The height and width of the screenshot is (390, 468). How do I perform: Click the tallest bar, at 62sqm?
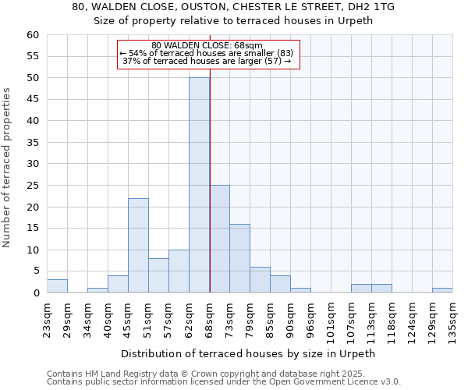tap(199, 185)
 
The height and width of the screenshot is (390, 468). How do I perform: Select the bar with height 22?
tap(138, 246)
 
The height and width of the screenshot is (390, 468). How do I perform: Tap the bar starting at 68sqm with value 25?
tap(219, 239)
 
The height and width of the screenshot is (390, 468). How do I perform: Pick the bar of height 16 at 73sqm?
tap(239, 258)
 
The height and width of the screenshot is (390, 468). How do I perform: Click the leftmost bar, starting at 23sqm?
tap(57, 286)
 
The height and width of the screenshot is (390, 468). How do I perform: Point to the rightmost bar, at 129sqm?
tap(442, 290)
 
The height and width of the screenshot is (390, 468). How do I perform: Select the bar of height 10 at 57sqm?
tap(179, 271)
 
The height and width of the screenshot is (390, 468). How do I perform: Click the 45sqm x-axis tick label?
tap(128, 319)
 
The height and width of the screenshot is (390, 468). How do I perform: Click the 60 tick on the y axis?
tap(32, 35)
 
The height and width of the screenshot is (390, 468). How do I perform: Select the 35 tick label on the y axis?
tap(32, 143)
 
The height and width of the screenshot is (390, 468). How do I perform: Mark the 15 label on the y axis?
tap(32, 229)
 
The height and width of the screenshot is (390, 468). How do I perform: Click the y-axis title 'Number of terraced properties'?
tap(7, 168)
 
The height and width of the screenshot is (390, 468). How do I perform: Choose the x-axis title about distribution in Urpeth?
tap(249, 353)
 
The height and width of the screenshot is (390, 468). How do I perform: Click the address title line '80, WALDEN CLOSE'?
tap(233, 7)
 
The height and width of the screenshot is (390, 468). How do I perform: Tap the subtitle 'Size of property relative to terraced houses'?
tap(233, 21)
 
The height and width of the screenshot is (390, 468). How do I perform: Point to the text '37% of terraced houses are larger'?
tap(207, 61)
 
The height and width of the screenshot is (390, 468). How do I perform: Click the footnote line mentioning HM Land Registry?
tap(223, 374)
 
